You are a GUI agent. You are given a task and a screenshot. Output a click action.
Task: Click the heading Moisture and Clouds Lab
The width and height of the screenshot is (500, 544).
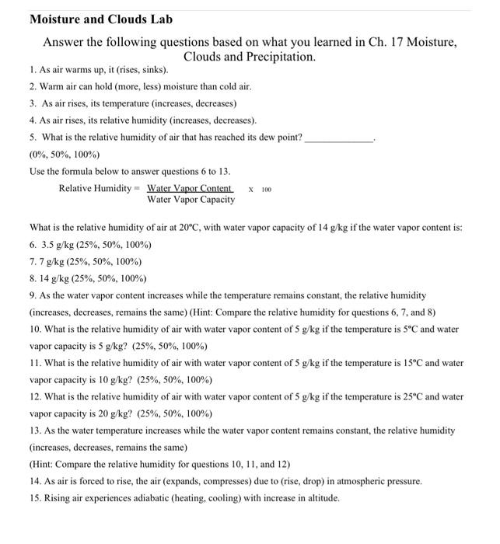click(101, 19)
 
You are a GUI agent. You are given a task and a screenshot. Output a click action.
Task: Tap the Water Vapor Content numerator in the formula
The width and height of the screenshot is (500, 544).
click(190, 188)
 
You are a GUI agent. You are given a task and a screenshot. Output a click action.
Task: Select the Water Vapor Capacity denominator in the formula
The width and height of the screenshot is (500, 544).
click(191, 200)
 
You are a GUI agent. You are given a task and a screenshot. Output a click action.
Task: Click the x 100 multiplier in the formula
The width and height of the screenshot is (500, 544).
click(260, 189)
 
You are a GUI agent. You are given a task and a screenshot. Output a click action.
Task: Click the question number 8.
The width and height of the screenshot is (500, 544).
click(33, 278)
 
